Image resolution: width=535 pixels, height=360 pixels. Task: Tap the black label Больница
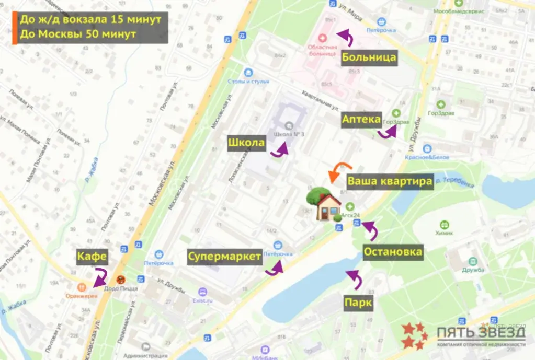368,57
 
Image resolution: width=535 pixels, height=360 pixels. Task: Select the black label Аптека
361,120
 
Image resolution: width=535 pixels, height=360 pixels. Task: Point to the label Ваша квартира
390,181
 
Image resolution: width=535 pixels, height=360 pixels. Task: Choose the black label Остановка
393,252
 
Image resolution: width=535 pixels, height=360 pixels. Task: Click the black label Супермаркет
225,257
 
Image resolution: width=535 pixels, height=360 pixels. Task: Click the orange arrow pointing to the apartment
335,172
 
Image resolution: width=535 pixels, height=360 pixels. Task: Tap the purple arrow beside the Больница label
345,37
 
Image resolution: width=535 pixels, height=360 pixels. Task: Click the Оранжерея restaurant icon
82,287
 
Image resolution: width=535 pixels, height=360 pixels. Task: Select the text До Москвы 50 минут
78,34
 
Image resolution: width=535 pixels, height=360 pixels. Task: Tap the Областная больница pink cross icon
322,38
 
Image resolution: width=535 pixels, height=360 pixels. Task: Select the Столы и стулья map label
248,82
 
